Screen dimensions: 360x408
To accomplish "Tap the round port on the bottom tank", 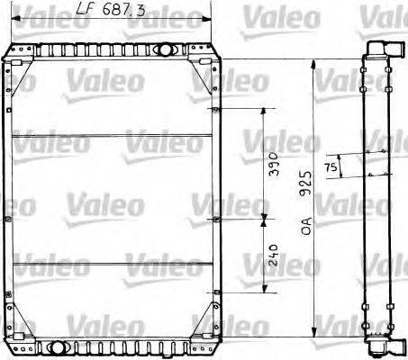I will pyautogui.click(x=58, y=346).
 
